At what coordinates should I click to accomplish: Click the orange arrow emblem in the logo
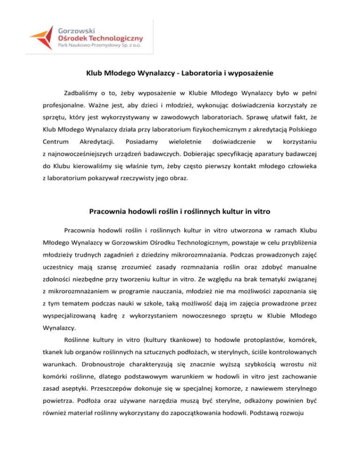(x=42, y=37)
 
